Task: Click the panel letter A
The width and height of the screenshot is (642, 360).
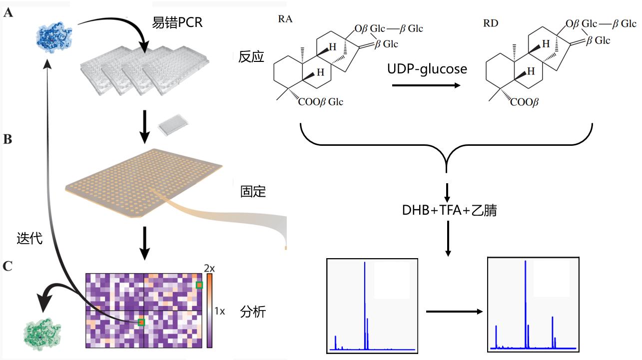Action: point(8,13)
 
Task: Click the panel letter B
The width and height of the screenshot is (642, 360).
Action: point(8,139)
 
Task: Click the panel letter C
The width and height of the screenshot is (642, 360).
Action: point(8,266)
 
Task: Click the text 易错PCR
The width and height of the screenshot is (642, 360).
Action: point(177,22)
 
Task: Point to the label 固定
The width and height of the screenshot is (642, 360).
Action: point(253,191)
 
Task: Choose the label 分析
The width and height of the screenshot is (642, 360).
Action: point(253,313)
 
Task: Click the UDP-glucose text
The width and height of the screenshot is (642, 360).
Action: point(427,69)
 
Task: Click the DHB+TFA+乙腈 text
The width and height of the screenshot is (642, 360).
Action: point(449,210)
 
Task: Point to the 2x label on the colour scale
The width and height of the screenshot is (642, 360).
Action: point(209,269)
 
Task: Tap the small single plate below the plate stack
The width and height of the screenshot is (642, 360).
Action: point(171,127)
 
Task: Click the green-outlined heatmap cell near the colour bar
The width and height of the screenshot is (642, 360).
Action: point(199,285)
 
